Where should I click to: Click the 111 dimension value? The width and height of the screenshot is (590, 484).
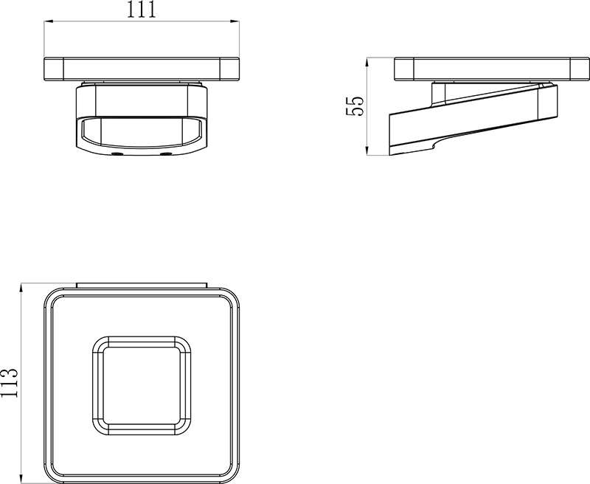click(x=141, y=10)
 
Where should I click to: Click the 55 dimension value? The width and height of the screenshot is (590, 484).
click(x=355, y=106)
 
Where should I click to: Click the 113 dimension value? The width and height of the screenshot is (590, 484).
click(x=9, y=382)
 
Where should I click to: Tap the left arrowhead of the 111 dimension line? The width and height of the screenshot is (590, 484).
click(x=48, y=21)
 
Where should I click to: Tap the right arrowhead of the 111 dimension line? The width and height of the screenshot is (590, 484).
click(x=235, y=21)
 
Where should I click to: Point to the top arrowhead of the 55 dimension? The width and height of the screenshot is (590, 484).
click(x=367, y=62)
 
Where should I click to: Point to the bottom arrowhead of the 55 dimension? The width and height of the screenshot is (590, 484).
click(x=367, y=151)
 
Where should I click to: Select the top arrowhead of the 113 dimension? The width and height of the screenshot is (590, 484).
click(x=21, y=287)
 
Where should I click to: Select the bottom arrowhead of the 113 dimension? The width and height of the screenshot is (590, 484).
click(x=21, y=480)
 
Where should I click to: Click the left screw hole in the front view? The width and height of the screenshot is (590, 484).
click(x=117, y=154)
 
